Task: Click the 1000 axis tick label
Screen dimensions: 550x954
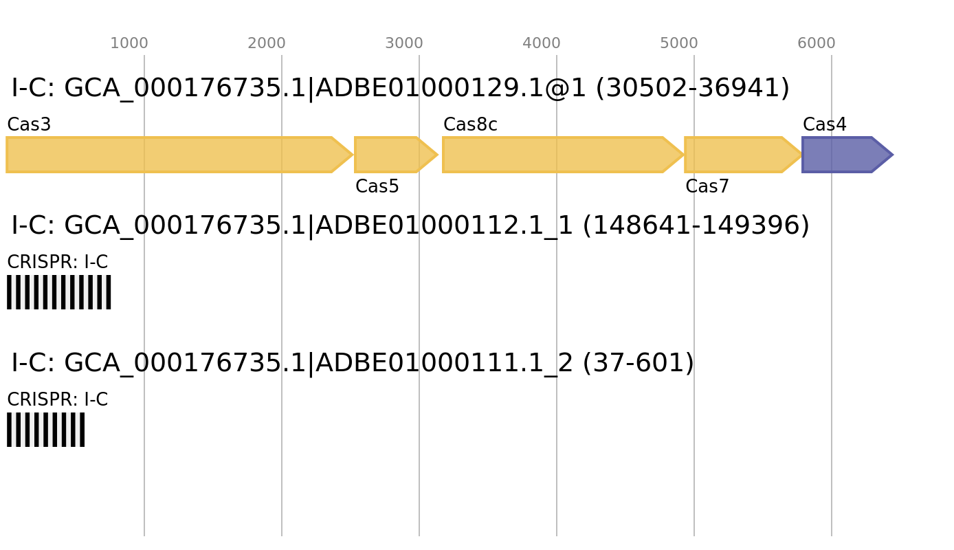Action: pyautogui.click(x=129, y=43)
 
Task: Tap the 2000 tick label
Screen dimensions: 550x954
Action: pyautogui.click(x=267, y=43)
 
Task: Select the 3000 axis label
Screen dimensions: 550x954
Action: pyautogui.click(x=404, y=43)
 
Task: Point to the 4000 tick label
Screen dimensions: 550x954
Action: pyautogui.click(x=542, y=43)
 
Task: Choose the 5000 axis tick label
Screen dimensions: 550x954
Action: pyautogui.click(x=679, y=43)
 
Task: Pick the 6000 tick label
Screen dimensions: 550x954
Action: pyautogui.click(x=817, y=43)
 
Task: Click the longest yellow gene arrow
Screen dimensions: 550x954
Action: pyautogui.click(x=172, y=155)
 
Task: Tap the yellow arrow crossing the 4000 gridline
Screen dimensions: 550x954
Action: pyautogui.click(x=557, y=155)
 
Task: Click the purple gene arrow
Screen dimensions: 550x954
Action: pyautogui.click(x=842, y=155)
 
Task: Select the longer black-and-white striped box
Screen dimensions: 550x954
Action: pyautogui.click(x=59, y=292)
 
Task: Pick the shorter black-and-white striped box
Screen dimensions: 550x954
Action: pyautogui.click(x=45, y=430)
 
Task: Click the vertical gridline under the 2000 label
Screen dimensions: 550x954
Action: pyautogui.click(x=282, y=344)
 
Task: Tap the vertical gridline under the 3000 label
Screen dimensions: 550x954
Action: pyautogui.click(x=419, y=344)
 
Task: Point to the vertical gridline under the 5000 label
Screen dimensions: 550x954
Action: pyautogui.click(x=694, y=344)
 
